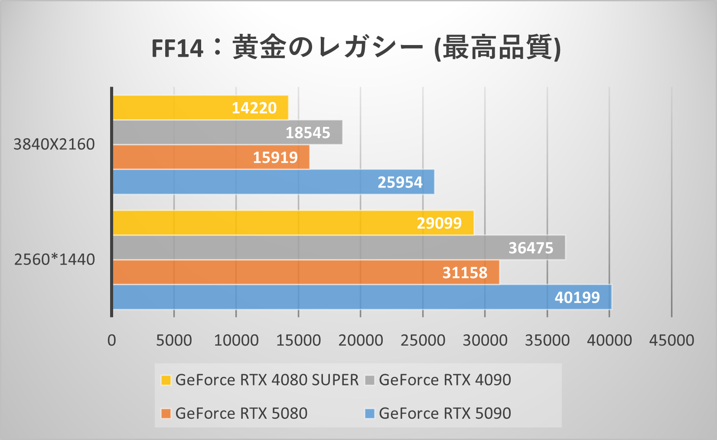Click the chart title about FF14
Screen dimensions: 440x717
356,48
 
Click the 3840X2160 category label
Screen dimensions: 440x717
54,144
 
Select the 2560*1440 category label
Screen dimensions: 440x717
55,259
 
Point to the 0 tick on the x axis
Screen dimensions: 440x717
112,340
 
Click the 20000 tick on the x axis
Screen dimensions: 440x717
361,340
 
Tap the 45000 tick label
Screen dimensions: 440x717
671,340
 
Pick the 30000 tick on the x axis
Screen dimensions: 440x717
485,340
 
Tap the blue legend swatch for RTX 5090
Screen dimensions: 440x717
370,414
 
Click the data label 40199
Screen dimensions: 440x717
577,298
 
